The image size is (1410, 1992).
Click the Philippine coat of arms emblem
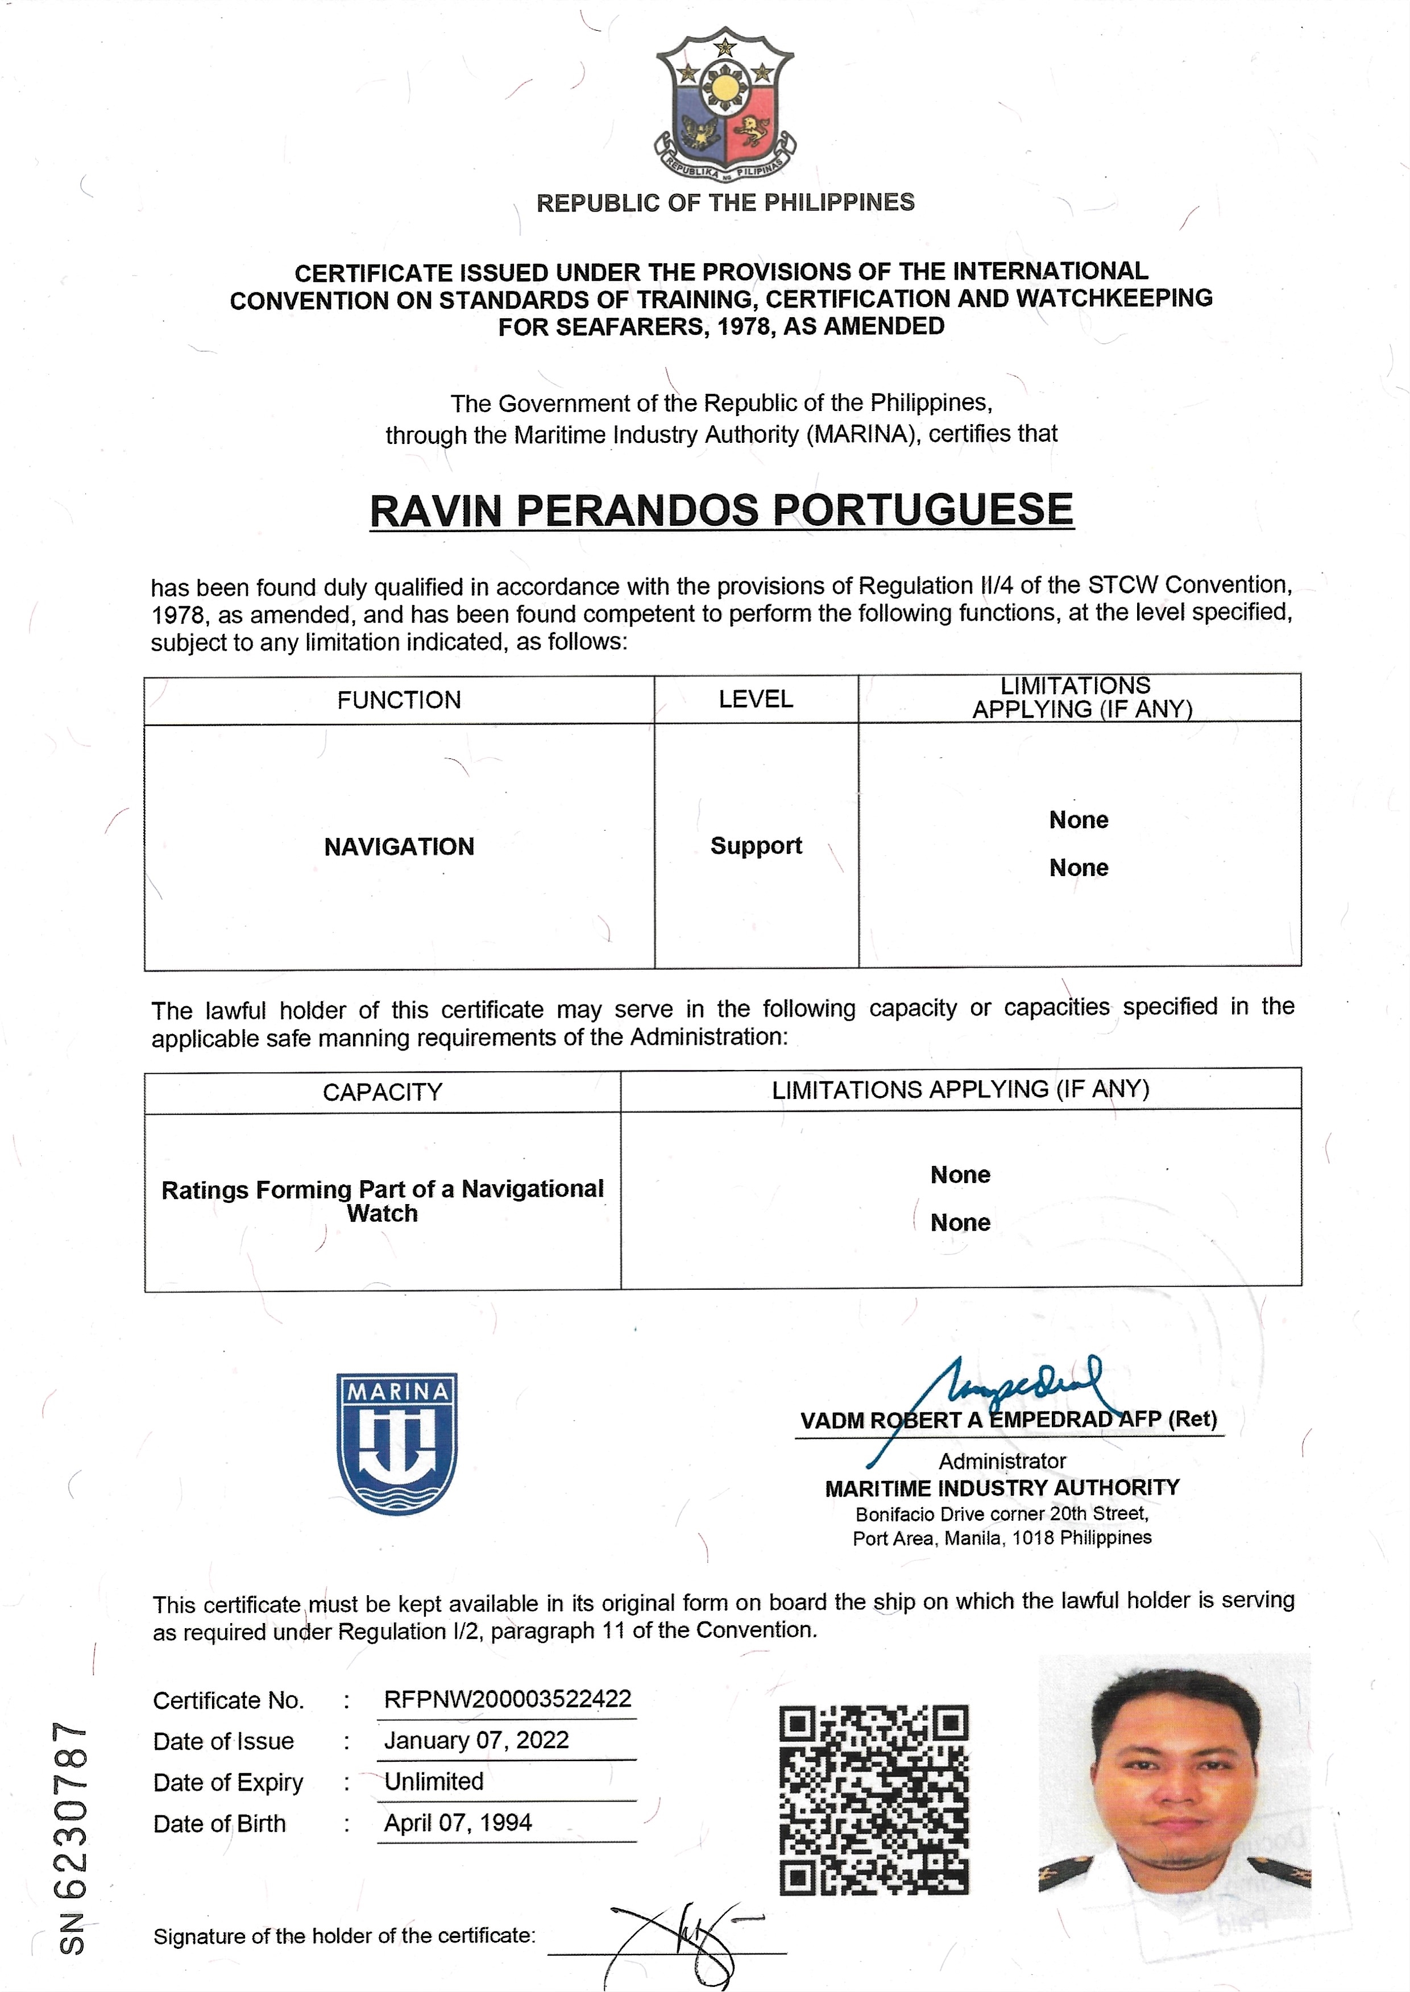pos(725,104)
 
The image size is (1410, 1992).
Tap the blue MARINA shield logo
pos(397,1443)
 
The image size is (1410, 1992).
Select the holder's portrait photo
pos(1174,1786)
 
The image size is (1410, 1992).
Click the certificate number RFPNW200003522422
pos(507,1699)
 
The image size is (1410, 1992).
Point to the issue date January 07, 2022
pos(476,1740)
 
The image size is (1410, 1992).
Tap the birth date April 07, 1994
pos(458,1823)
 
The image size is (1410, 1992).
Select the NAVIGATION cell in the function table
pos(399,847)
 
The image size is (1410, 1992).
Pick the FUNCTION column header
pos(399,700)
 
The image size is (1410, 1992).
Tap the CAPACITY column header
pos(382,1092)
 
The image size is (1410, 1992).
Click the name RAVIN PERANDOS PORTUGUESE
pos(721,511)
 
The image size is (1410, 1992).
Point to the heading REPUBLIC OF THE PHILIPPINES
pos(725,203)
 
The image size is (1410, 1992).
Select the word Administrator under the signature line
pos(1002,1461)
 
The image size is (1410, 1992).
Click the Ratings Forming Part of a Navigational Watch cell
pos(382,1201)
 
